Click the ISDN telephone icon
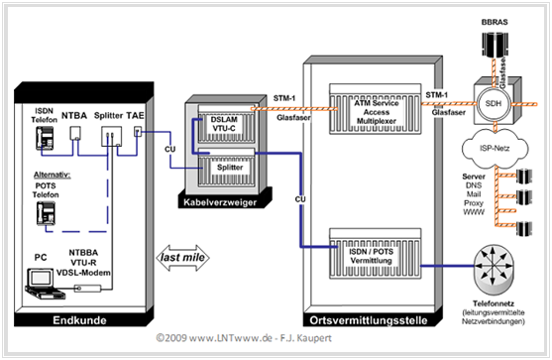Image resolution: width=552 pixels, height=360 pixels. point(45,138)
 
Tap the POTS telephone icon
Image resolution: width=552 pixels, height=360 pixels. point(46,213)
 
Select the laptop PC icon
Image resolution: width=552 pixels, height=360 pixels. point(45,284)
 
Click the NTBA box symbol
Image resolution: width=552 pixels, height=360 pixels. point(75,134)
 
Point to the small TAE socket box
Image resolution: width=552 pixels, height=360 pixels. point(138,132)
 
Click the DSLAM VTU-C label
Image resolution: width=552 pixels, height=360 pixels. point(224,124)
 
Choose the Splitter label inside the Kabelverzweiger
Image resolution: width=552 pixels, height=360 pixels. point(230,168)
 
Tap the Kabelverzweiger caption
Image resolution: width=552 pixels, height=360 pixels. point(220,202)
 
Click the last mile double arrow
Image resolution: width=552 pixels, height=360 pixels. point(182,258)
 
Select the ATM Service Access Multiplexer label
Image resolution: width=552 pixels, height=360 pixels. point(376,112)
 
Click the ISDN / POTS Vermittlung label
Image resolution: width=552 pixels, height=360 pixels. point(371,256)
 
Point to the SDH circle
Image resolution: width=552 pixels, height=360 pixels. point(494,103)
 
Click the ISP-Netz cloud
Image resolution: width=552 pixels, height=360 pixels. point(495,149)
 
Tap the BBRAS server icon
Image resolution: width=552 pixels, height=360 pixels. point(495,45)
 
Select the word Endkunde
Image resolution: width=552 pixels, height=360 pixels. point(79,320)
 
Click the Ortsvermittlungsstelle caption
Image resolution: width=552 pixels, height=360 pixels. point(369,320)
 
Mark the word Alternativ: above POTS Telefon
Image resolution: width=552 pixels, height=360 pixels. point(53,175)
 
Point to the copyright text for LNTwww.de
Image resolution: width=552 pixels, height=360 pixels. point(244,338)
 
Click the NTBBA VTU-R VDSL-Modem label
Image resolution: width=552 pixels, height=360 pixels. point(83,263)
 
